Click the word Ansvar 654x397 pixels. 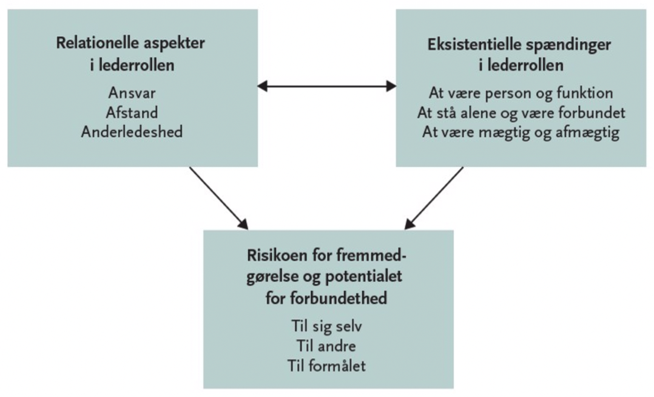point(131,93)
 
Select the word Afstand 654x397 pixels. point(131,112)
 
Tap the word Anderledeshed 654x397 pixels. point(131,131)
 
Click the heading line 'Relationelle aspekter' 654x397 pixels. point(131,44)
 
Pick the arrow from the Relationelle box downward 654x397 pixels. point(219,197)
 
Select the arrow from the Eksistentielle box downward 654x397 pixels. point(434,198)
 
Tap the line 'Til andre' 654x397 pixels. point(328,348)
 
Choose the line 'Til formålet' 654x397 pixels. point(328,365)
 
